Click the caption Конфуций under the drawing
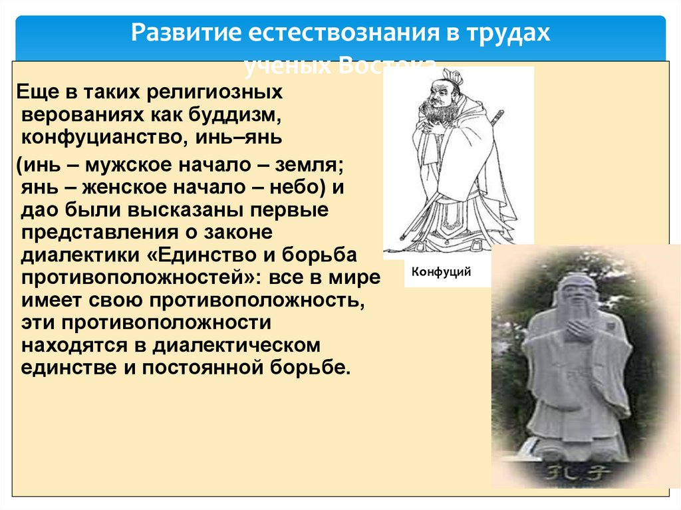[441, 273]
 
